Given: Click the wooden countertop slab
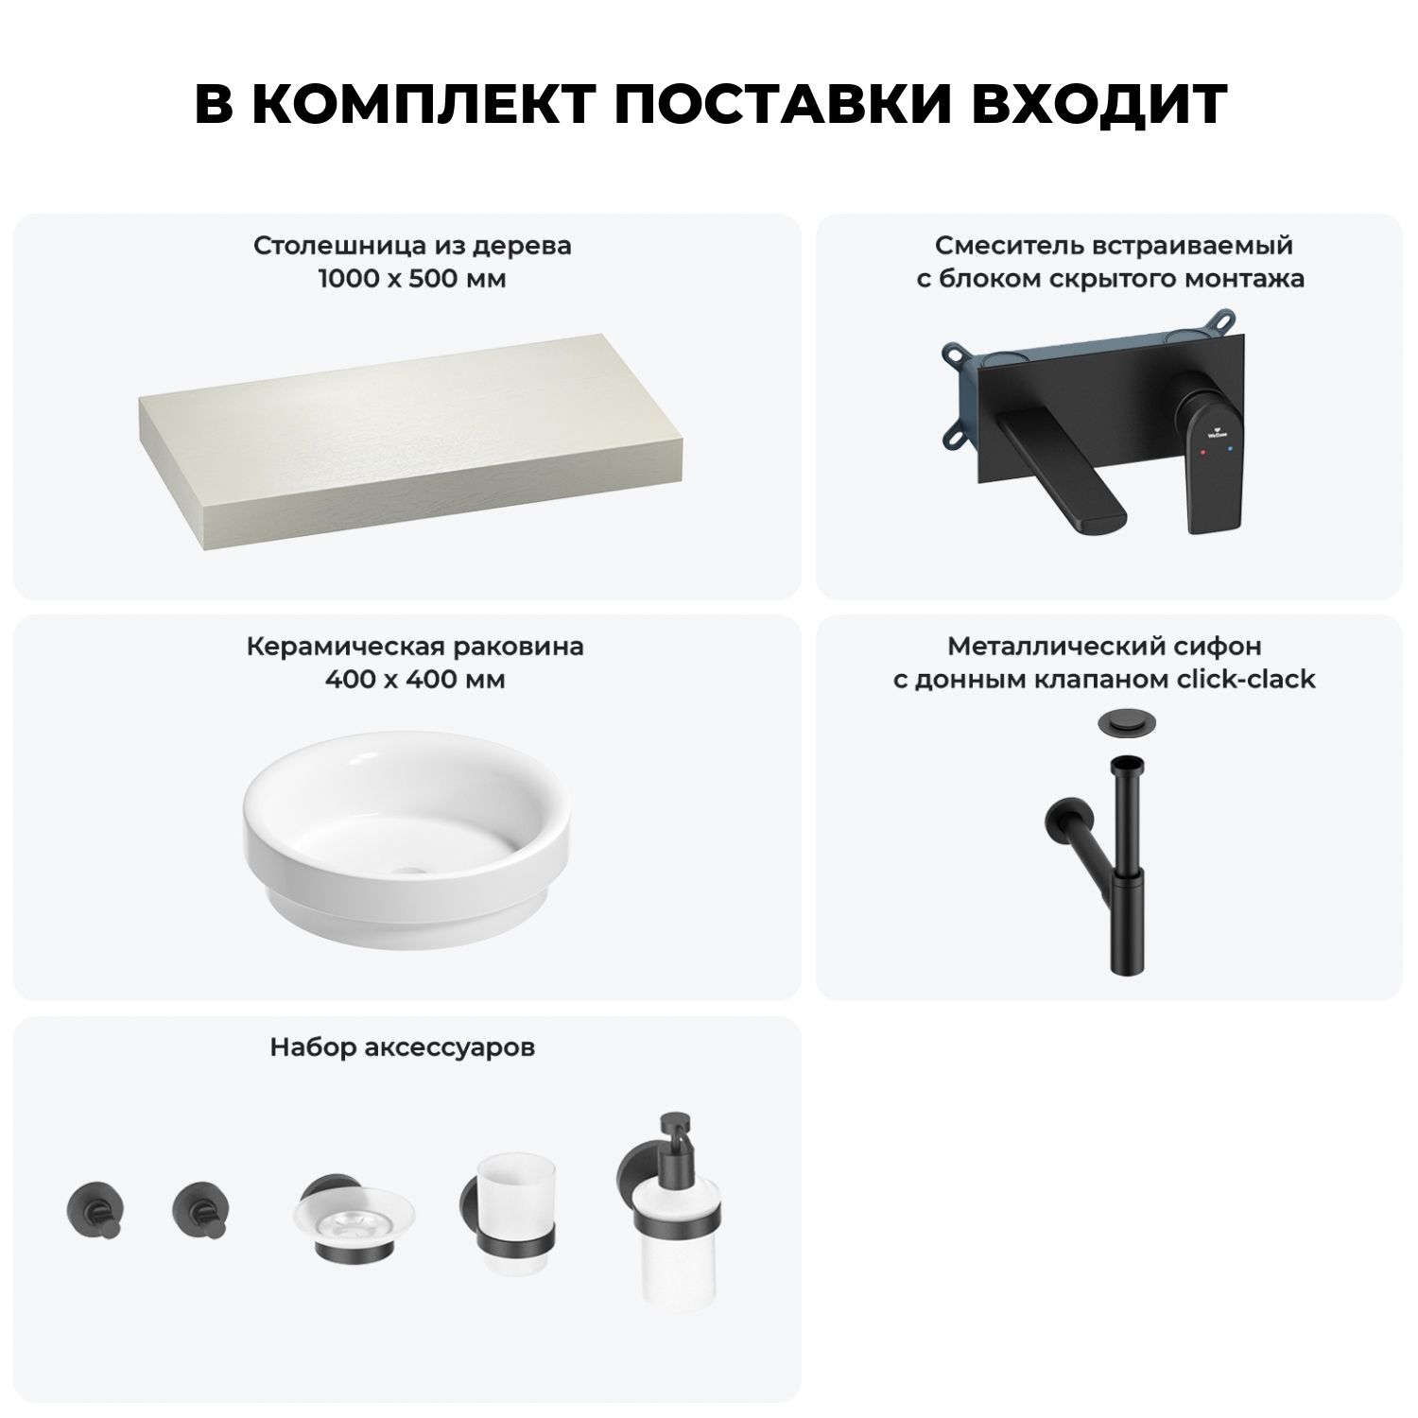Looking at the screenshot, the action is pyautogui.click(x=413, y=435).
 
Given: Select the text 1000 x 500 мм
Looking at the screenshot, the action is pyautogui.click(x=412, y=280).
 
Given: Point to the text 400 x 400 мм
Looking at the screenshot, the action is pyautogui.click(x=414, y=680).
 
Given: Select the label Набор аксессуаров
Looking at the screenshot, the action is pyautogui.click(x=403, y=1047).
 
